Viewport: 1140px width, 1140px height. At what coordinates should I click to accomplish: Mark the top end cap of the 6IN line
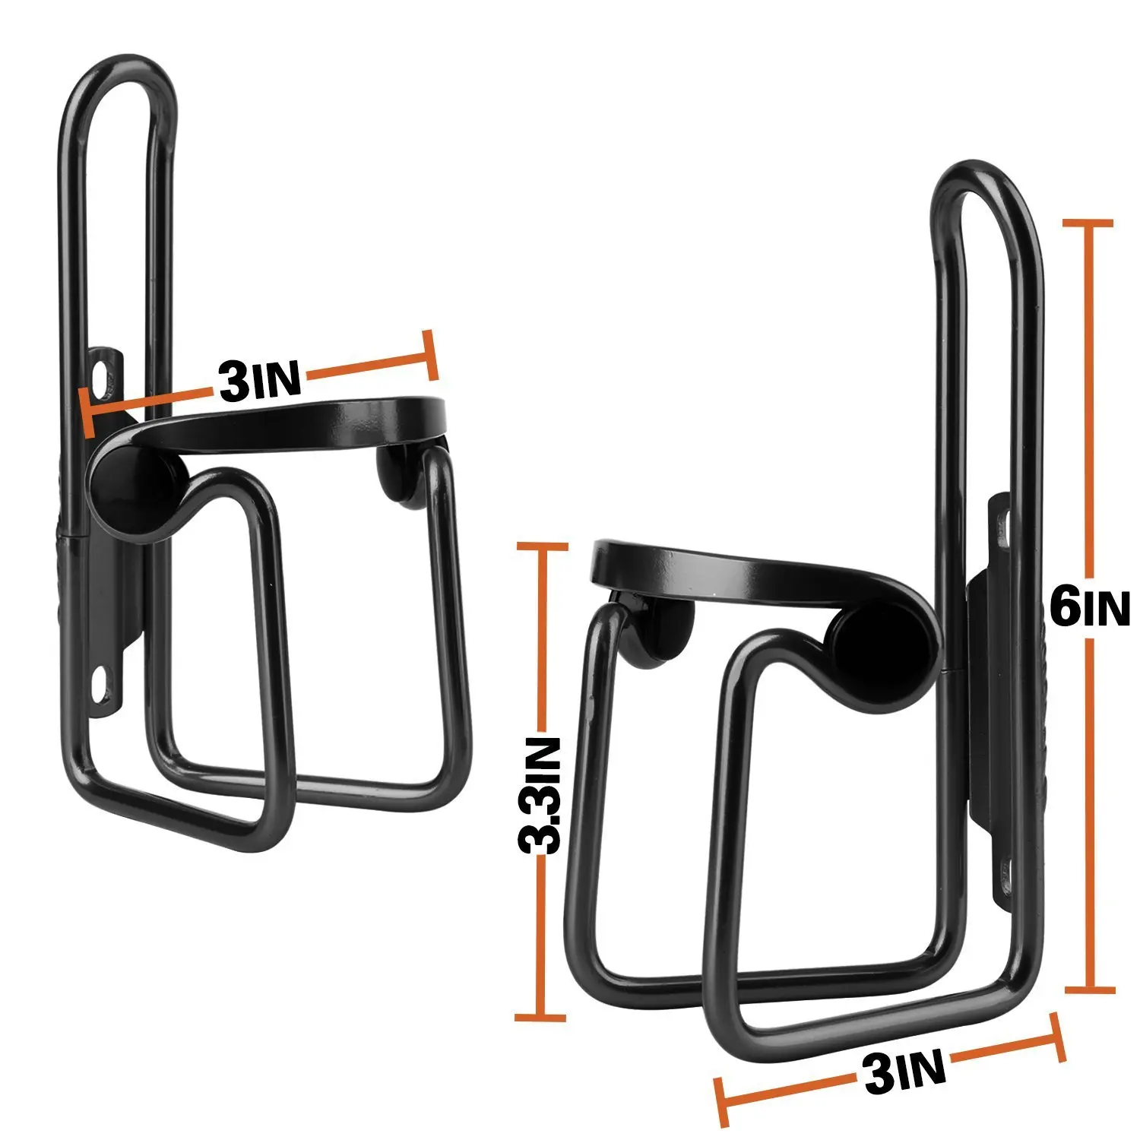[1089, 223]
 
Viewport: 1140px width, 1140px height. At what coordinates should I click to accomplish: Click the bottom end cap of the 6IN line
[1090, 990]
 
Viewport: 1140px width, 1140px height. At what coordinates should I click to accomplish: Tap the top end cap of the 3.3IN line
[541, 546]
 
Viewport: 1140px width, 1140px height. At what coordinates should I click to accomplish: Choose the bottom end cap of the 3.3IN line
[540, 1017]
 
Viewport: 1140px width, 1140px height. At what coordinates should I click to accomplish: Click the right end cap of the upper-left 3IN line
[431, 354]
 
